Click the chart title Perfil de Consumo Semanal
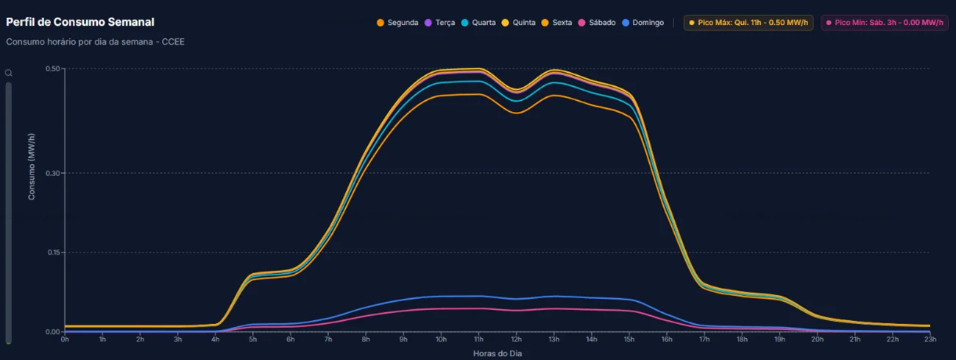[80, 22]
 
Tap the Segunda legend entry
[397, 23]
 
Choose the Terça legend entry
[440, 23]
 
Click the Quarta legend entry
[478, 23]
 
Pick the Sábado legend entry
[597, 23]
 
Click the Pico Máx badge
[748, 23]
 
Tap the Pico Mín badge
[884, 23]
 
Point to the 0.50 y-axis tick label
[53, 69]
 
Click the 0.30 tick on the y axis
[53, 173]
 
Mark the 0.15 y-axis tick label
[53, 253]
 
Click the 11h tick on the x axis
[478, 339]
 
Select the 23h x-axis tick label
[930, 339]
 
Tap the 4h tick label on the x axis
[215, 339]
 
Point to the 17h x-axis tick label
[704, 339]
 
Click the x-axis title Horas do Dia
[498, 353]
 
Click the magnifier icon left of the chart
[9, 73]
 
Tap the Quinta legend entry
[519, 23]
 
